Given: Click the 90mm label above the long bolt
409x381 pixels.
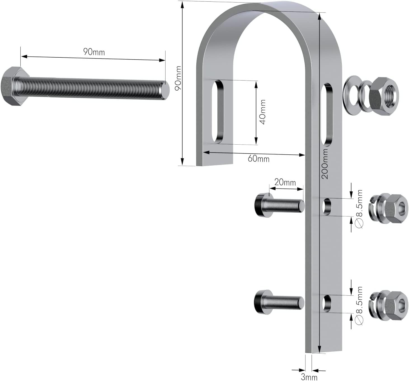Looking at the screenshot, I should (x=94, y=52).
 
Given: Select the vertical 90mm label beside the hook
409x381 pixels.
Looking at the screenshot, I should (x=178, y=78).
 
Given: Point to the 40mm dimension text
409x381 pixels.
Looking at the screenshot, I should (x=262, y=112).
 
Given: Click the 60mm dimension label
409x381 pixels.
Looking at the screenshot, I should (x=258, y=159).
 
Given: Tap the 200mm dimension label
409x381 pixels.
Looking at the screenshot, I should (x=325, y=164).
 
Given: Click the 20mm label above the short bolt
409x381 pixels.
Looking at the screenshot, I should (x=285, y=182).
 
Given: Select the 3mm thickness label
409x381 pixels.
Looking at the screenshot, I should (x=309, y=377).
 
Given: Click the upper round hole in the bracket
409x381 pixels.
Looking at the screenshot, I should (x=326, y=206).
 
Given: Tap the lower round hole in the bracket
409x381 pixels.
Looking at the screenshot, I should (x=326, y=304).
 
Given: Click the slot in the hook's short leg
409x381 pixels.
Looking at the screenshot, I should (x=218, y=112).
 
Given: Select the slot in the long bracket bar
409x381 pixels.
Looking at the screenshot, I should (x=327, y=115).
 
